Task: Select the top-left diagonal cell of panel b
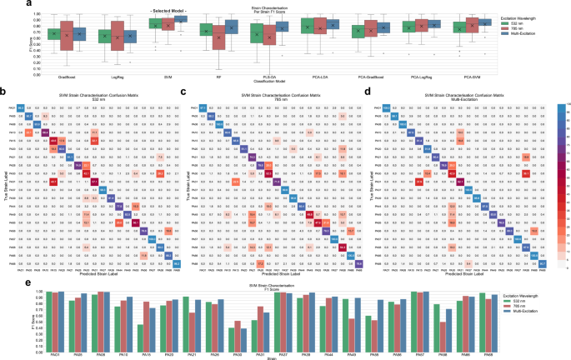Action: [22, 107]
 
